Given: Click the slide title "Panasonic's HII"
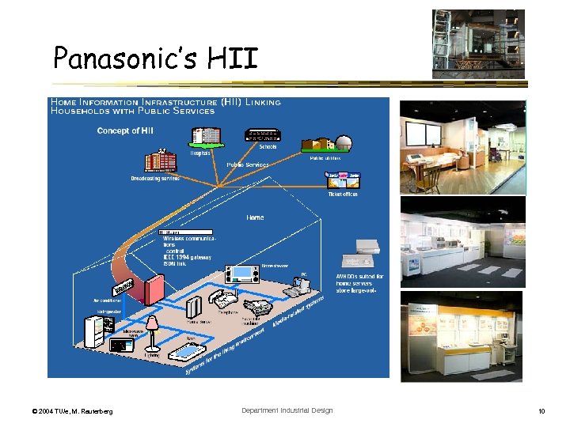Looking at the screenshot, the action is [155, 57].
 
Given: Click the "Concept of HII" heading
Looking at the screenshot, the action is [125, 130].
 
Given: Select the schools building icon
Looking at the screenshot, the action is [267, 135].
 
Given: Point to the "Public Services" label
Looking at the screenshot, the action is [248, 164].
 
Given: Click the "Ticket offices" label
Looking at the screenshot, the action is [343, 194].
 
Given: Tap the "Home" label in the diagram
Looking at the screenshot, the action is [255, 217].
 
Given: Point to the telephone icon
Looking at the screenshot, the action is [225, 300].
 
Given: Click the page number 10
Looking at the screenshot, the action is [541, 411].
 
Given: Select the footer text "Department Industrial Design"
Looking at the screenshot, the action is [287, 410].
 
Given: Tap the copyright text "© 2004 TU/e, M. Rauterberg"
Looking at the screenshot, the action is [72, 411].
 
